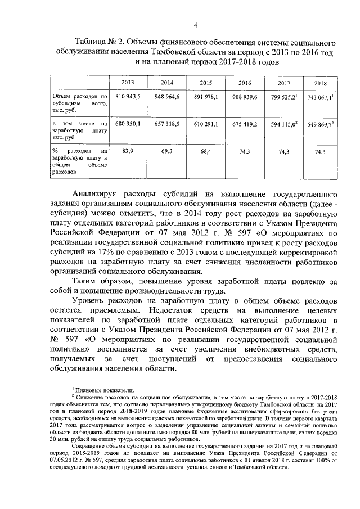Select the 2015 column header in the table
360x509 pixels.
tap(205, 83)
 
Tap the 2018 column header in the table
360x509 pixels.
tap(321, 83)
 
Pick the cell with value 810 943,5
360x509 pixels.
tap(128, 97)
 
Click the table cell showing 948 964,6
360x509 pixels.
tap(166, 97)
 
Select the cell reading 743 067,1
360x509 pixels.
tap(320, 97)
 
